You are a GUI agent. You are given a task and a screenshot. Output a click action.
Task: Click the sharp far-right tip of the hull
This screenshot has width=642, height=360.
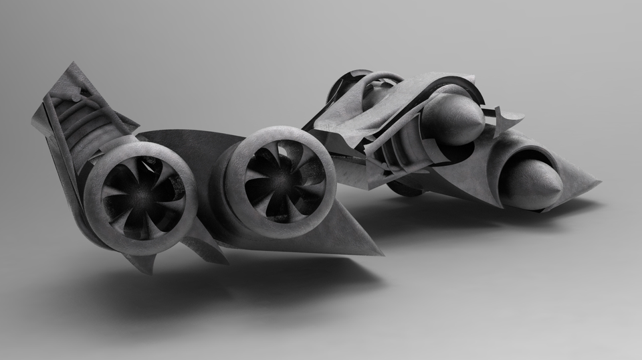pyautogui.click(x=600, y=181)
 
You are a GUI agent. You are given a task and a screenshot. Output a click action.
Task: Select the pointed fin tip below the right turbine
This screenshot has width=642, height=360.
pyautogui.click(x=381, y=254)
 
